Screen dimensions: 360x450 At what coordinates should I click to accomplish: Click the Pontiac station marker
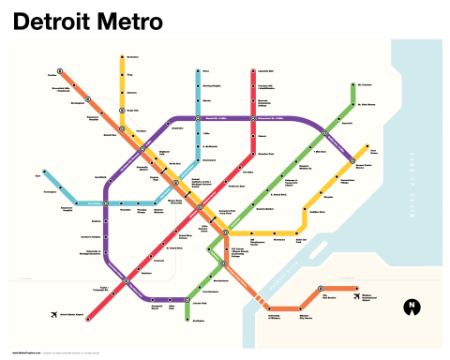(59, 70)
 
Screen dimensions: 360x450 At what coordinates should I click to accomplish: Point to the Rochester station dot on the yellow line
(122, 57)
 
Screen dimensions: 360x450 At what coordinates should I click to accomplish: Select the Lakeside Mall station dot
(253, 70)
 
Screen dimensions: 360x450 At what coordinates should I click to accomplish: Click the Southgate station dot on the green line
(187, 321)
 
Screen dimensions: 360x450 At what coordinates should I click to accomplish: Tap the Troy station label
(131, 72)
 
